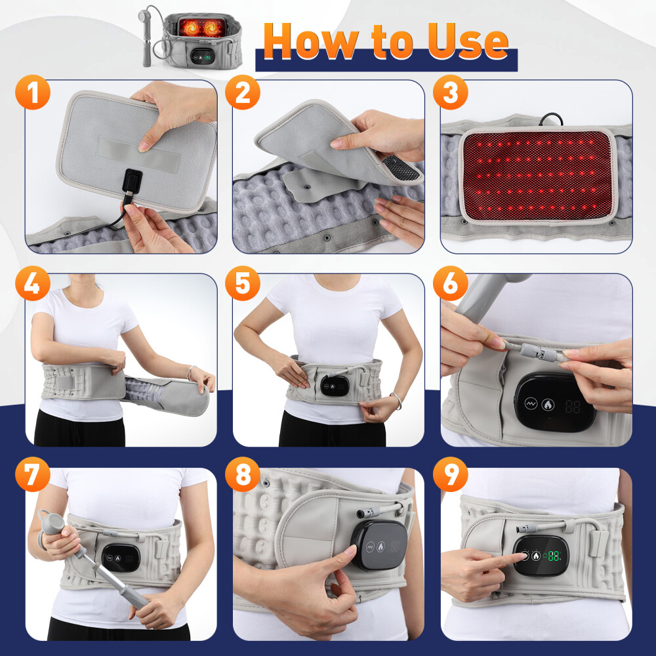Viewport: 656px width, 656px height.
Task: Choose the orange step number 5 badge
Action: point(242,285)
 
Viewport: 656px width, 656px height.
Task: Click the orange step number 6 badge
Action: point(450,285)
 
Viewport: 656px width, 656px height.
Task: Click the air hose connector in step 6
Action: point(539,355)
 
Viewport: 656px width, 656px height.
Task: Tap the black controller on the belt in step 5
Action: point(334,386)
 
